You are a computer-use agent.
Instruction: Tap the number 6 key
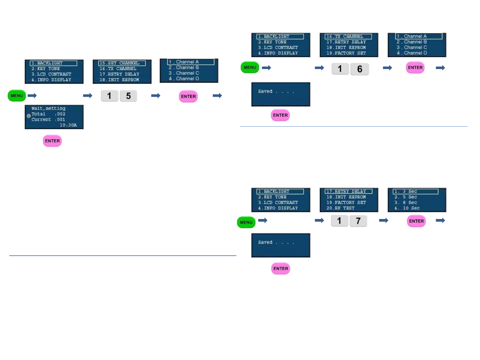point(360,69)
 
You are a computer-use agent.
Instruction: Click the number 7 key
point(358,221)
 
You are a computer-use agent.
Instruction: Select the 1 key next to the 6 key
point(340,69)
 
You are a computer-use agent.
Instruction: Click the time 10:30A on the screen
point(68,125)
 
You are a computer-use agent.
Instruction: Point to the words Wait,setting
point(48,108)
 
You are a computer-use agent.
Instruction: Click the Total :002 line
point(48,114)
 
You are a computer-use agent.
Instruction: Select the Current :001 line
point(48,120)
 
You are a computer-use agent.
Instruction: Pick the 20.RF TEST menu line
point(340,208)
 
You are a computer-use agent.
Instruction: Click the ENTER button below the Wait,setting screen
point(52,141)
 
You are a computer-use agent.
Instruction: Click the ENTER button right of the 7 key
point(416,221)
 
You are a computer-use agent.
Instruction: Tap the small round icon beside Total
point(29,116)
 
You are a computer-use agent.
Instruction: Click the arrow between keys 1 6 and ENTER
point(387,68)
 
